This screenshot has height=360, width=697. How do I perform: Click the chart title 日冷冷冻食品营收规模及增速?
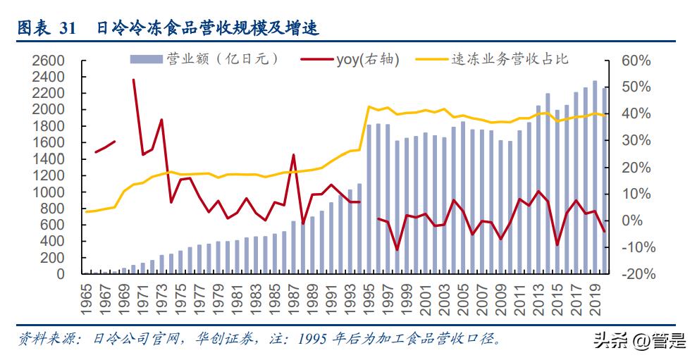click(x=208, y=29)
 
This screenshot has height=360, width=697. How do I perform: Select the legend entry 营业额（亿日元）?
click(x=204, y=59)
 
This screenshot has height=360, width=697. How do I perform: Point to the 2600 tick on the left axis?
click(x=49, y=61)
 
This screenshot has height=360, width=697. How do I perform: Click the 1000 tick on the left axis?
click(x=49, y=192)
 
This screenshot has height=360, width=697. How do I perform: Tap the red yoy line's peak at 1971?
click(x=133, y=80)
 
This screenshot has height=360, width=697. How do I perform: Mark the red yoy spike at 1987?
click(x=293, y=155)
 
